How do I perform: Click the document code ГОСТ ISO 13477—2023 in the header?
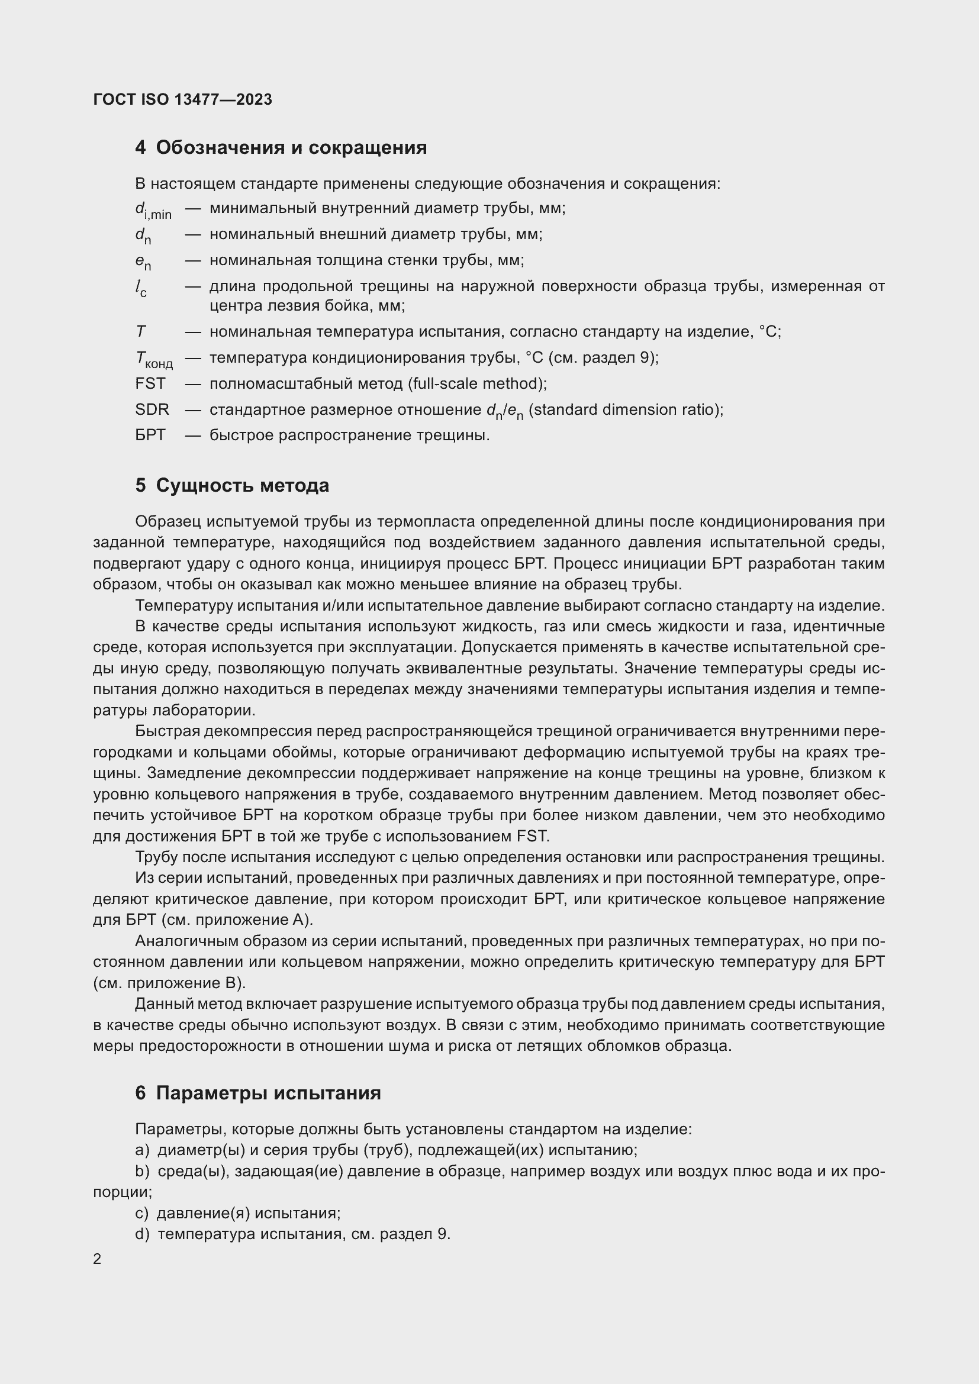click(183, 99)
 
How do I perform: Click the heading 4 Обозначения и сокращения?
click(281, 148)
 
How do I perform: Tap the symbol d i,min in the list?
click(153, 211)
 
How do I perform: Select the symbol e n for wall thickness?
click(143, 262)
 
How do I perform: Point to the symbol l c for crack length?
click(140, 288)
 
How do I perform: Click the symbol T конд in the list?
click(154, 360)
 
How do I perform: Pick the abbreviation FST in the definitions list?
click(150, 383)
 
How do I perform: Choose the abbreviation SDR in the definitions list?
click(152, 409)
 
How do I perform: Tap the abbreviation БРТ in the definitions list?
click(150, 435)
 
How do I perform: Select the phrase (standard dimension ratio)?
click(626, 409)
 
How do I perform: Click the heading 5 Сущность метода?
click(232, 485)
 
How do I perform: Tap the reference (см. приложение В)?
click(169, 983)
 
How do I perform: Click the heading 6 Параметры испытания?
click(258, 1093)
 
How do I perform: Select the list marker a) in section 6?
click(141, 1150)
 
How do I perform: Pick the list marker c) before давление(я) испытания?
click(141, 1213)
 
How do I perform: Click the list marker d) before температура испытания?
click(141, 1234)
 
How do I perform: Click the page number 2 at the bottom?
click(97, 1259)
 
